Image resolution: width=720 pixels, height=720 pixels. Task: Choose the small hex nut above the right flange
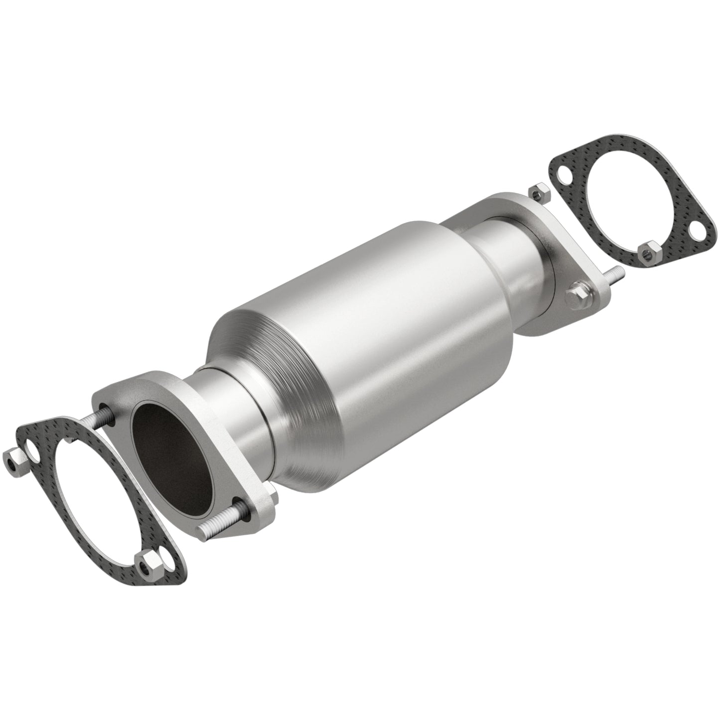click(x=537, y=192)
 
